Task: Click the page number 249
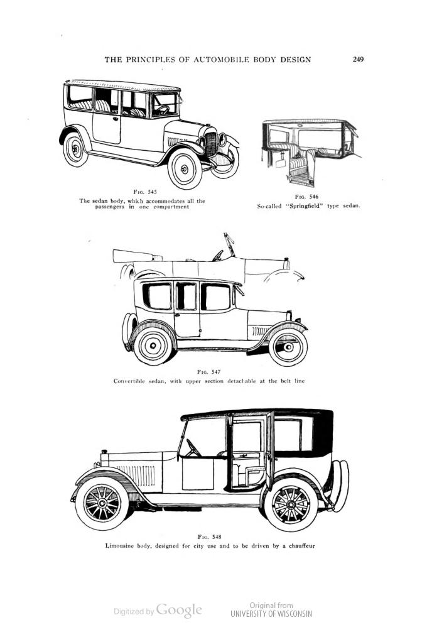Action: (358, 60)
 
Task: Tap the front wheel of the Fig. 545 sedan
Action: (185, 168)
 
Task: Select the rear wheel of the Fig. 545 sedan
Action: (75, 149)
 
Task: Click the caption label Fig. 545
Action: (145, 192)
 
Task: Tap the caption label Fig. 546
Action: (306, 197)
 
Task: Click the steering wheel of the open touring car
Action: (218, 256)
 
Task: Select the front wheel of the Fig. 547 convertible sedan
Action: (288, 347)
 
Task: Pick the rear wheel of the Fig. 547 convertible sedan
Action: (153, 345)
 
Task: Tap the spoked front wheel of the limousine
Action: (102, 503)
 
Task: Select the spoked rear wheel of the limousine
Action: (291, 504)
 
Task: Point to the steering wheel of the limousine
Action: (193, 448)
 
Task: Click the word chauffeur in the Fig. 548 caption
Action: (301, 546)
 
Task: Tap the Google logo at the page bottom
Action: (179, 610)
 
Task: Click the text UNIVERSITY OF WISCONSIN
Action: (271, 614)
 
